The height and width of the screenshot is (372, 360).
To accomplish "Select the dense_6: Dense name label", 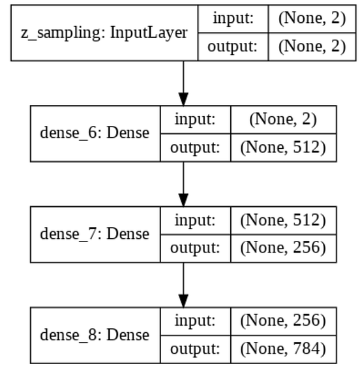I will (x=95, y=132).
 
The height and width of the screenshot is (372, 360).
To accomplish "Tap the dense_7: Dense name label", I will (x=95, y=233).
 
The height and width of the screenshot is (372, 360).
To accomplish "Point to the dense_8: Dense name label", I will (x=95, y=335).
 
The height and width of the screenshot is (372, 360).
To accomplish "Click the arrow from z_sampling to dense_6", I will (x=183, y=82).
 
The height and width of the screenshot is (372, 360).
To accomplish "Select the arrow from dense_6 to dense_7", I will (x=183, y=183).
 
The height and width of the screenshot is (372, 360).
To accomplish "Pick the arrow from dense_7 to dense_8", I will (x=183, y=283).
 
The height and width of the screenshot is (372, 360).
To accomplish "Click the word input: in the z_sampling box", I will (x=233, y=19).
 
